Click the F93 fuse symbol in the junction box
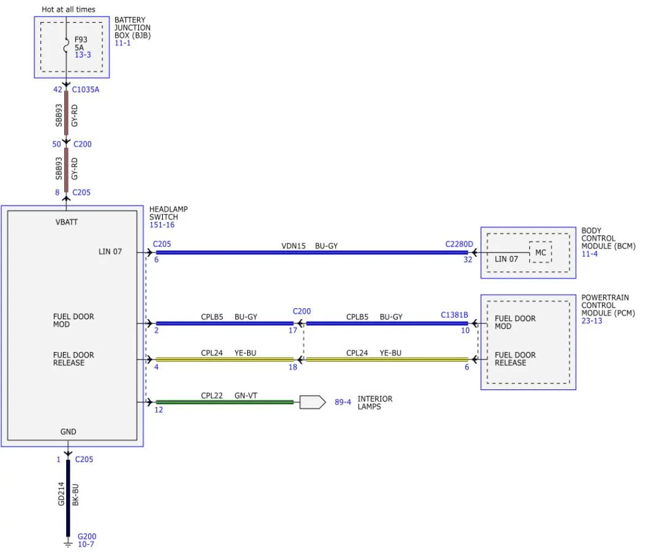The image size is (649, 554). point(66,46)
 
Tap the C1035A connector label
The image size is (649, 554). point(86,89)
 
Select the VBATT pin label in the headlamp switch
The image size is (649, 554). point(67,222)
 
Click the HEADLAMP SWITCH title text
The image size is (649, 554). point(168,213)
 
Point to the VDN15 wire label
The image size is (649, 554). point(294,246)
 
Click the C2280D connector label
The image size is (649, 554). point(459,244)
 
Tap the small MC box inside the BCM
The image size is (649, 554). point(541,253)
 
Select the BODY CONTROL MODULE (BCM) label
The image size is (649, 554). point(608,238)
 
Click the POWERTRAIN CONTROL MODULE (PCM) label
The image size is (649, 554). point(608,305)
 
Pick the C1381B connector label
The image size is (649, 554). point(454,315)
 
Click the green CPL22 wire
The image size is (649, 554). point(224,402)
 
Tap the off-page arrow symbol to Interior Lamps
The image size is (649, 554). point(313,402)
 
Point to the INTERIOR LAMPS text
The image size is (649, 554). point(375,402)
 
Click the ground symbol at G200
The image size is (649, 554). point(68,543)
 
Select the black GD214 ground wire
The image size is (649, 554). point(68,498)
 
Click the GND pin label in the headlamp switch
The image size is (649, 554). point(69,432)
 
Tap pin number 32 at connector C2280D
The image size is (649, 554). point(468,259)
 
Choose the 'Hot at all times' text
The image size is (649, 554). point(69,9)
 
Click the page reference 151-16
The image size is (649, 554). point(162,224)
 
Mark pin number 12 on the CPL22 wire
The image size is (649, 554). point(158,410)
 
